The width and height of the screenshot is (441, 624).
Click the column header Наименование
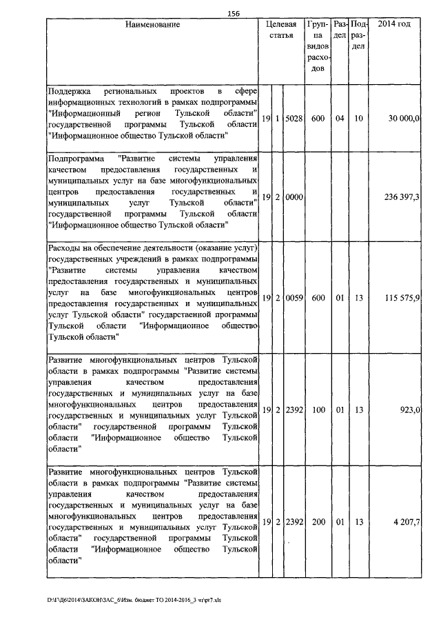153,25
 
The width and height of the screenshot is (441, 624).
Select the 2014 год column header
395,25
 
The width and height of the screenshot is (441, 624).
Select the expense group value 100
318,410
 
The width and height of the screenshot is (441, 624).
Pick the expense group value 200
318,522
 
